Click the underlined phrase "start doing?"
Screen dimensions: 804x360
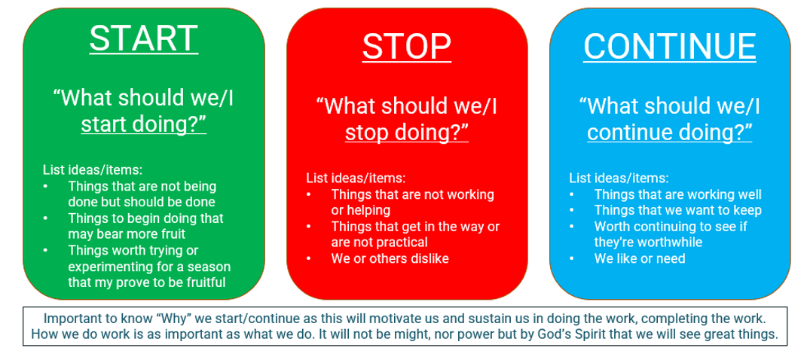pyautogui.click(x=144, y=124)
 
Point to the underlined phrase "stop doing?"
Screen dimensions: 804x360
pyautogui.click(x=407, y=133)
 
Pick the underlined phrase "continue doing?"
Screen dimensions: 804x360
pyautogui.click(x=670, y=133)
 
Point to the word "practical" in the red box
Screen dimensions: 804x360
pyautogui.click(x=402, y=242)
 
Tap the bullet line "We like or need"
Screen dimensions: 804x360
pyautogui.click(x=640, y=258)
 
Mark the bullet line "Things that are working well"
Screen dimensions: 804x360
pyautogui.click(x=678, y=195)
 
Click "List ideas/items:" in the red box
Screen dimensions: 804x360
pyautogui.click(x=356, y=178)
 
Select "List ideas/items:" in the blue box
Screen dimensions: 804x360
pyautogui.click(x=619, y=178)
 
